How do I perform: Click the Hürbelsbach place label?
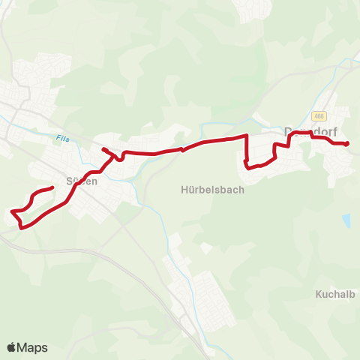(212, 190)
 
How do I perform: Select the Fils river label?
(62, 138)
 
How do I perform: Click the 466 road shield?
(319, 115)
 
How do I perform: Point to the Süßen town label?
(82, 181)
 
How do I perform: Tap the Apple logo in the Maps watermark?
(12, 347)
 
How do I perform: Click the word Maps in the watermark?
(33, 347)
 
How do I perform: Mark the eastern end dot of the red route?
(346, 142)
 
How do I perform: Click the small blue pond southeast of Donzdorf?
(346, 220)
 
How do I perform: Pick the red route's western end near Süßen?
(52, 187)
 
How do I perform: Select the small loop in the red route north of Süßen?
(119, 157)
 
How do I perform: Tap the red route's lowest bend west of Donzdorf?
(248, 167)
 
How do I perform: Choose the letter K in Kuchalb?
(319, 295)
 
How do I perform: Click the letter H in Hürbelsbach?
(184, 190)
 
